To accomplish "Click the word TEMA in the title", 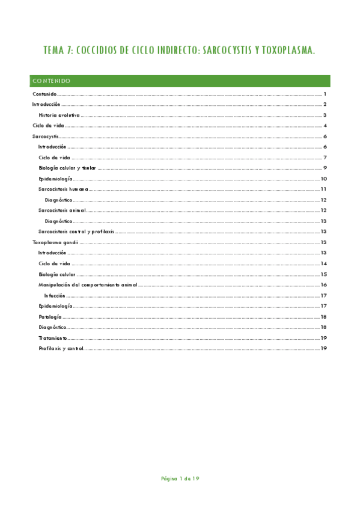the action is click(54, 52).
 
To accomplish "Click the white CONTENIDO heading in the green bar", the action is click(52, 81).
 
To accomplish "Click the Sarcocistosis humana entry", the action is click(62, 189).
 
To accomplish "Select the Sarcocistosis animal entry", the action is click(61, 210).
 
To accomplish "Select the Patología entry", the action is click(49, 316).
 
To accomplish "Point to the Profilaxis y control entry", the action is click(61, 348).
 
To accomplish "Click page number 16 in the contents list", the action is click(323, 284).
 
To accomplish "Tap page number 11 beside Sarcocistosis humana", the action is click(323, 189).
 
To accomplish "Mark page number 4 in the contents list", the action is click(325, 125).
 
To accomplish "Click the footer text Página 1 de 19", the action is click(180, 479).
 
